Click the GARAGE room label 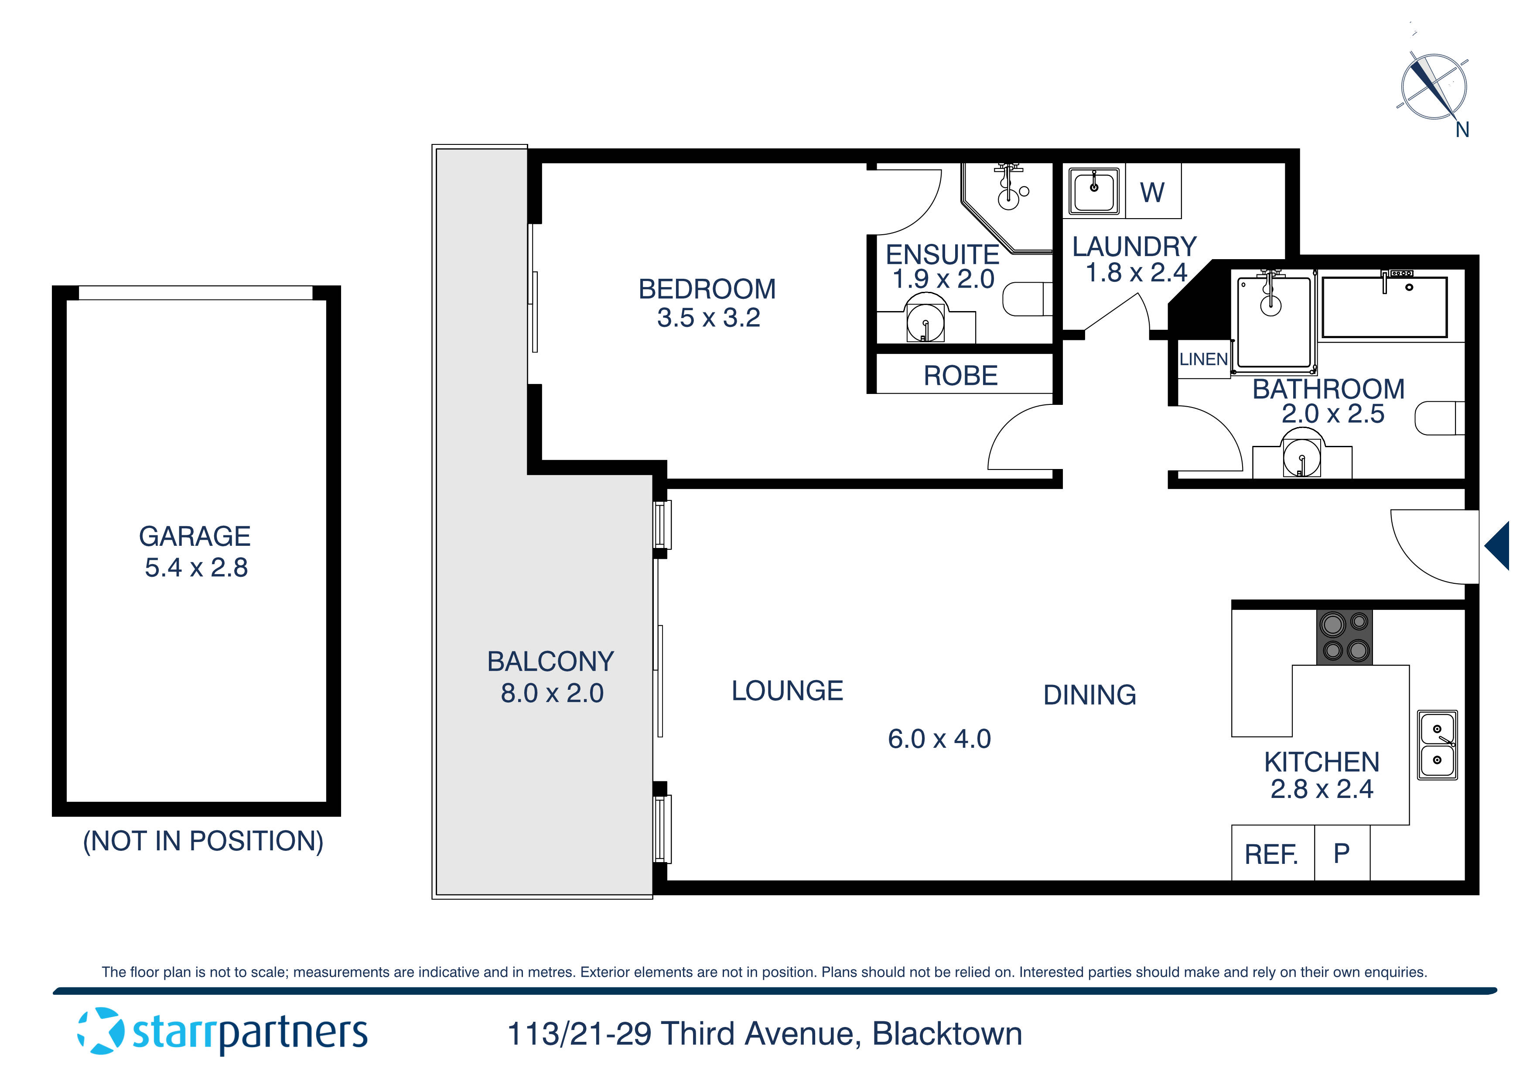tap(195, 536)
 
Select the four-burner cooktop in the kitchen tap(1345, 637)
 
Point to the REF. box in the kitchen tap(1271, 854)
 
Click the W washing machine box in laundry tap(1152, 192)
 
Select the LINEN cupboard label tap(1203, 360)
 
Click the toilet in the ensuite tap(1027, 299)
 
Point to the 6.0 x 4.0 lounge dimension tap(939, 739)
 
